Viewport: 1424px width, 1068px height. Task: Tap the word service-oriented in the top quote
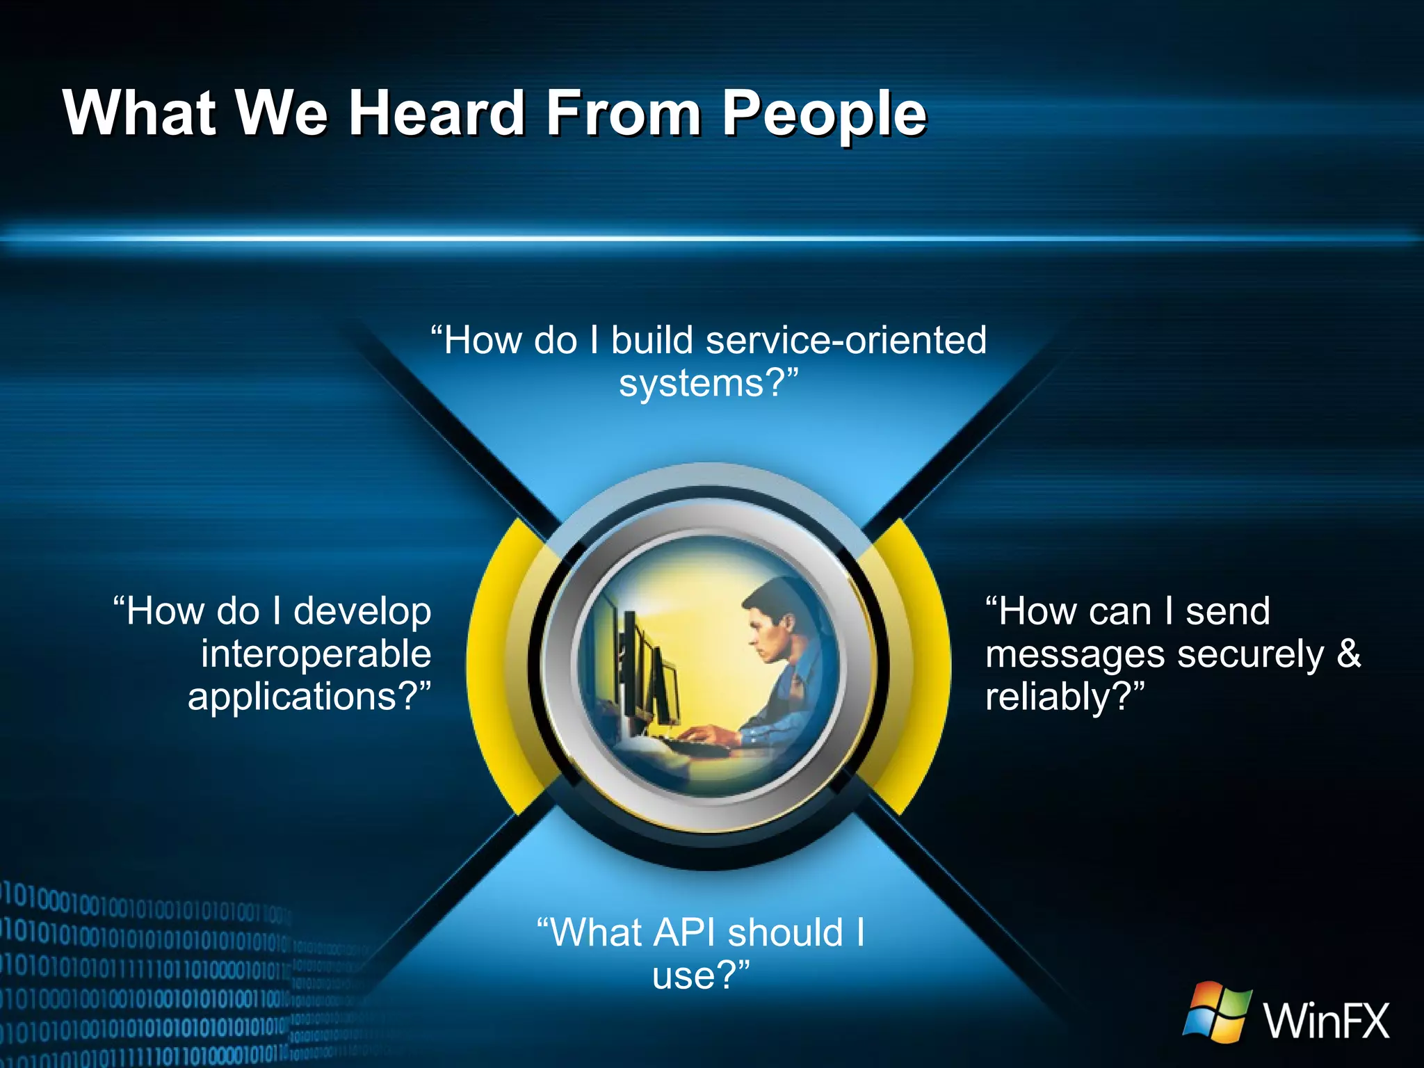point(845,341)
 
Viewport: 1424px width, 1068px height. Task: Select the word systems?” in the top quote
point(709,384)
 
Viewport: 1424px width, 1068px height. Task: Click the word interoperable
point(316,654)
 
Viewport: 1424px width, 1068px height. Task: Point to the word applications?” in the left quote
point(309,697)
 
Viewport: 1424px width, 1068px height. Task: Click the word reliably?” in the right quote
point(1065,697)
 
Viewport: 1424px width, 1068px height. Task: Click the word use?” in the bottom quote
point(701,976)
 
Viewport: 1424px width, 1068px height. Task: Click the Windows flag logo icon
point(1217,1013)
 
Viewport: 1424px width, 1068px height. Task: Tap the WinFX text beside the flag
point(1326,1021)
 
